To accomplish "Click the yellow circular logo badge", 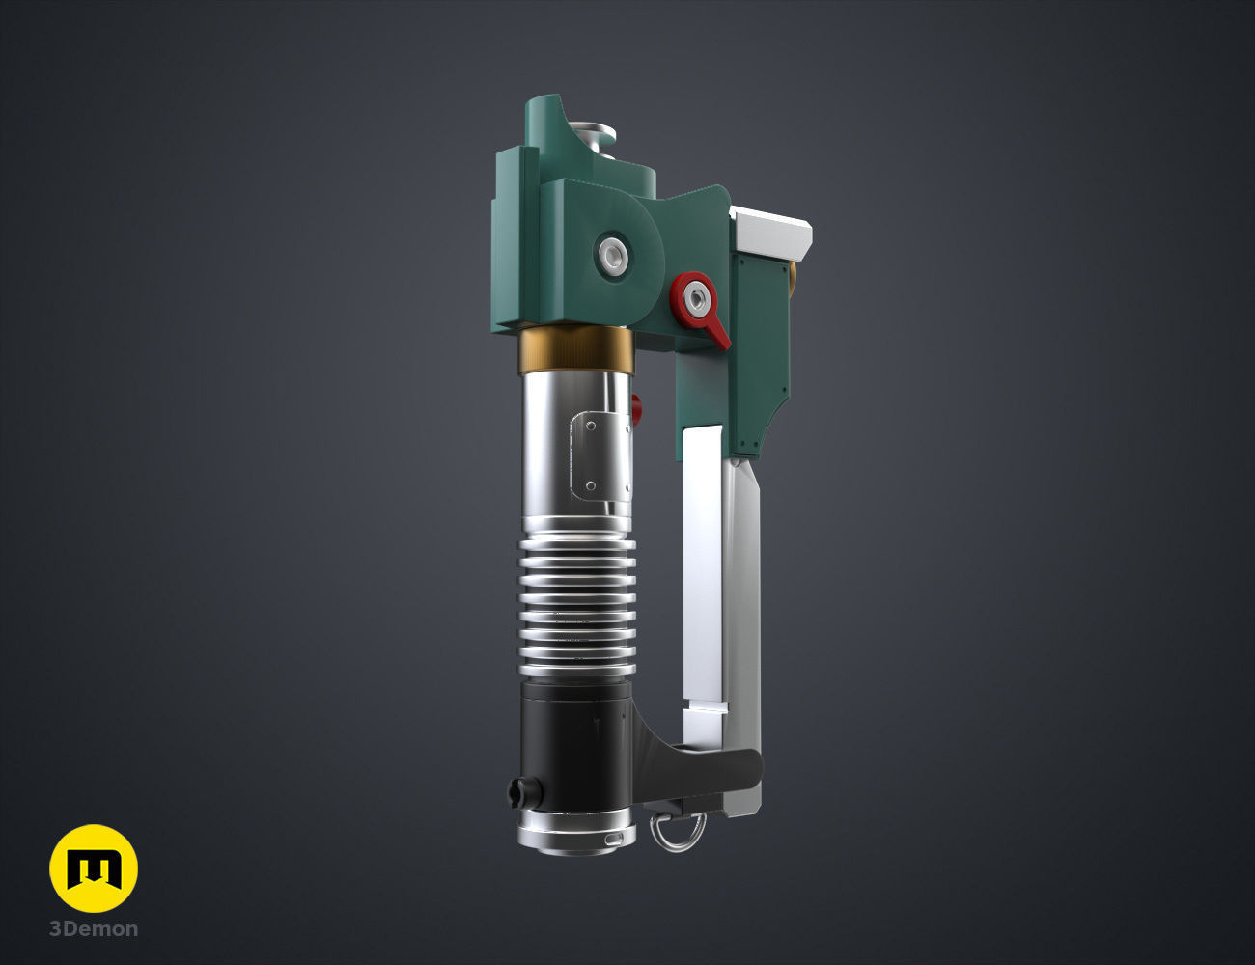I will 94,868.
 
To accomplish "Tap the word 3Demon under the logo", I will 94,929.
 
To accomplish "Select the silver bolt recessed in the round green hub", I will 611,256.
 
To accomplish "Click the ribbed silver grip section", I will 577,605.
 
